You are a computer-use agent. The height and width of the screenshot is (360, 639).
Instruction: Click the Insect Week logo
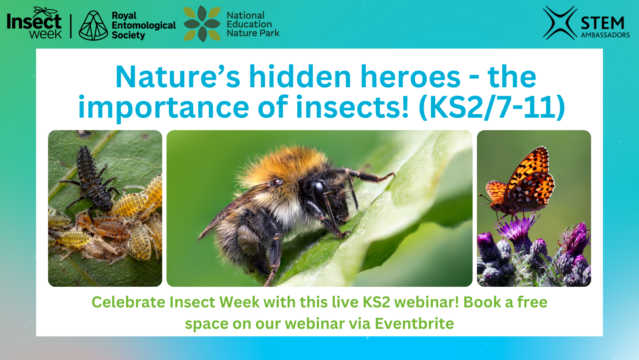(x=34, y=23)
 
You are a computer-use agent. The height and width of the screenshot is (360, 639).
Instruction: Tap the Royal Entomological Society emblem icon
(x=93, y=25)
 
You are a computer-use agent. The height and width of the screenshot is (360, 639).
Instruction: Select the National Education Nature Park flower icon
(x=202, y=24)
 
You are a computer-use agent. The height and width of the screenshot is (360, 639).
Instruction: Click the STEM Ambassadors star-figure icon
(x=560, y=23)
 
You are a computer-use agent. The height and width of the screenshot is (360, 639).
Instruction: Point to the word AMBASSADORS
(x=605, y=35)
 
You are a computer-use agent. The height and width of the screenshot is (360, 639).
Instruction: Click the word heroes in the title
(x=411, y=77)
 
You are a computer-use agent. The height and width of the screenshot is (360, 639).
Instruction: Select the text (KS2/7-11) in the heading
(x=492, y=107)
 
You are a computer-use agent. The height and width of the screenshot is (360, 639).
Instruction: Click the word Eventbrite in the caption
(x=414, y=323)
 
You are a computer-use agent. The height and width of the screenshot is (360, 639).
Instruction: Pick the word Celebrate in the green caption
(x=128, y=302)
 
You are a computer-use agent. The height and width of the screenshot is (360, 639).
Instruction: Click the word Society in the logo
(x=128, y=35)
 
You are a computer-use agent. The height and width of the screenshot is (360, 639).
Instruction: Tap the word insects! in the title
(x=353, y=107)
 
